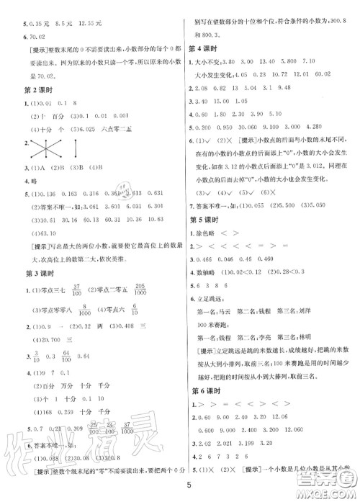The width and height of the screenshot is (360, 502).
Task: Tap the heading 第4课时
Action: click(206, 49)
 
